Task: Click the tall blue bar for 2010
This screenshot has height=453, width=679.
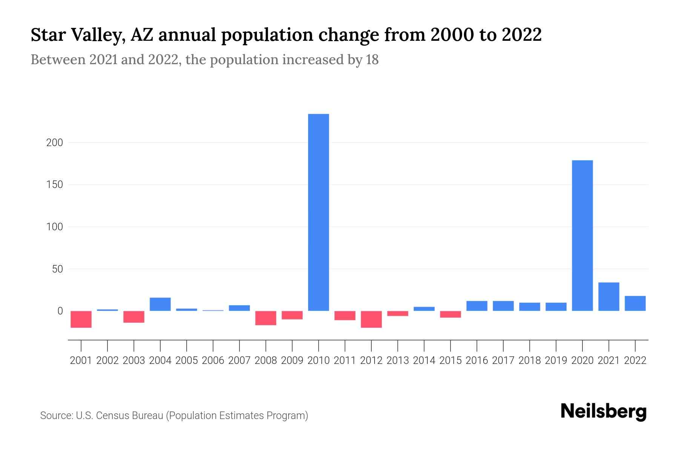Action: point(318,212)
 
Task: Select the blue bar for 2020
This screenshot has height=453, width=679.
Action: point(582,236)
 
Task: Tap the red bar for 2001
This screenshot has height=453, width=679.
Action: point(81,319)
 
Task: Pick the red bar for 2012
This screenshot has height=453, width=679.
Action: point(371,319)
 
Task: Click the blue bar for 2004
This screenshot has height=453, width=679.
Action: point(160,304)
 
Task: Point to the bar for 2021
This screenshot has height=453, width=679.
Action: point(609,297)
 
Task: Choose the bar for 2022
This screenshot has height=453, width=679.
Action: point(635,304)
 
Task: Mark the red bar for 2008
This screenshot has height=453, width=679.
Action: point(266,318)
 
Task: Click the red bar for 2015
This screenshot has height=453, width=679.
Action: point(450,314)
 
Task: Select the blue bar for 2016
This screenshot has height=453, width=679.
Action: point(477,306)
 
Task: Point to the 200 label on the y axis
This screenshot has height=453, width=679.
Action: point(55,143)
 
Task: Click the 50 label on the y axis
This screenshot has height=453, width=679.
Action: point(57,269)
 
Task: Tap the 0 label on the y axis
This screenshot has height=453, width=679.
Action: point(60,311)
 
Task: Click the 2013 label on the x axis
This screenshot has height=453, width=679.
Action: point(398,361)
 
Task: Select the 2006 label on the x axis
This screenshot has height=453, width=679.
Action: point(213,361)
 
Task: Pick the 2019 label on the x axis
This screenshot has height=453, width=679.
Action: point(556,361)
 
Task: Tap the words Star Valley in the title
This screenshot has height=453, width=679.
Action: point(77,35)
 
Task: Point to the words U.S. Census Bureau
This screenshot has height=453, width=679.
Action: point(120,416)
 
